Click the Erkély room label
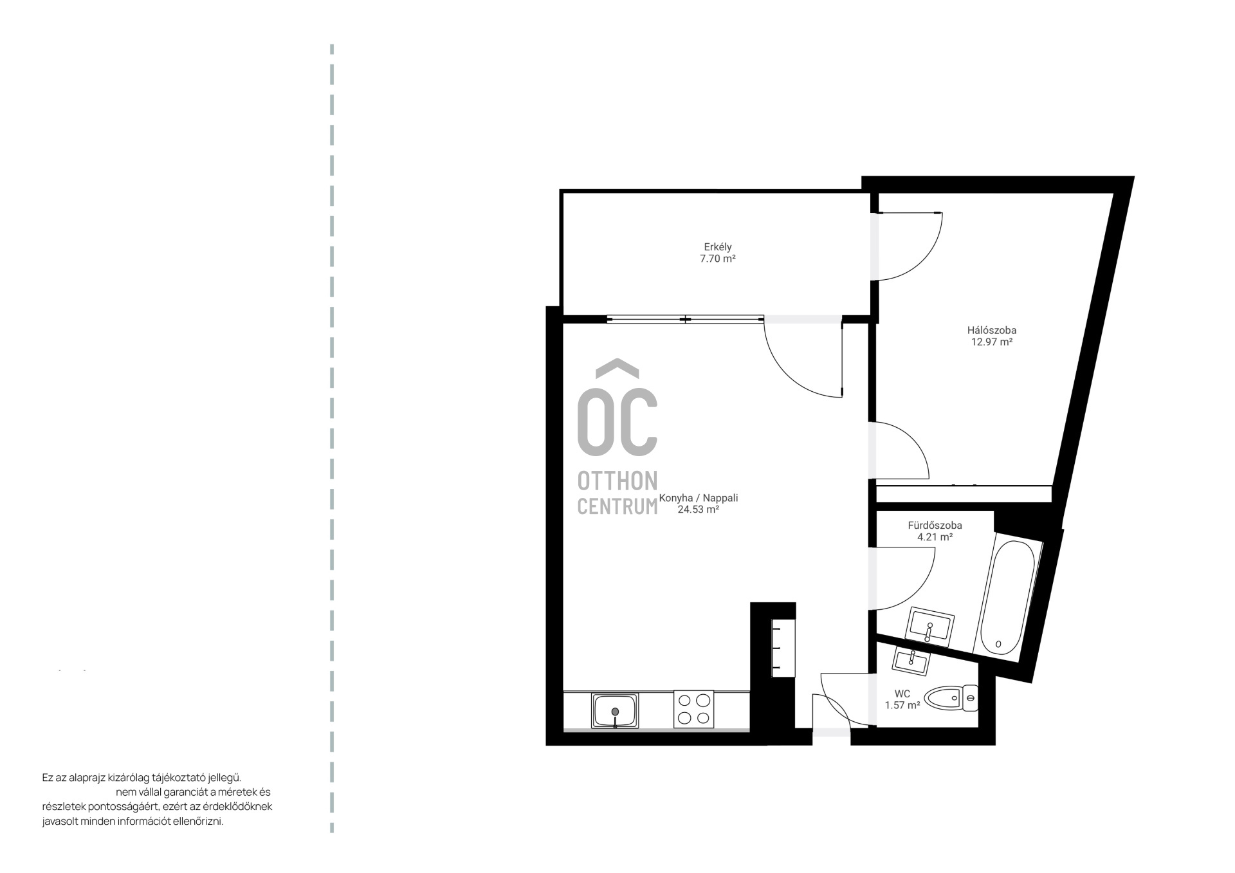[x=718, y=247]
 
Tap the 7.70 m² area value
[x=718, y=259]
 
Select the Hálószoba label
[x=992, y=330]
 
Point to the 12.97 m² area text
[x=992, y=342]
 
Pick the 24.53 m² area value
[x=699, y=510]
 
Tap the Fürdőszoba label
[x=935, y=525]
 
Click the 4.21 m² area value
[x=935, y=537]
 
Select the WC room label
[x=902, y=694]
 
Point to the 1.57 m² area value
[x=902, y=705]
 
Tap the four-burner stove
[x=693, y=709]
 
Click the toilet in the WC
[x=951, y=698]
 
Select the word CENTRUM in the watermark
[x=617, y=506]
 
